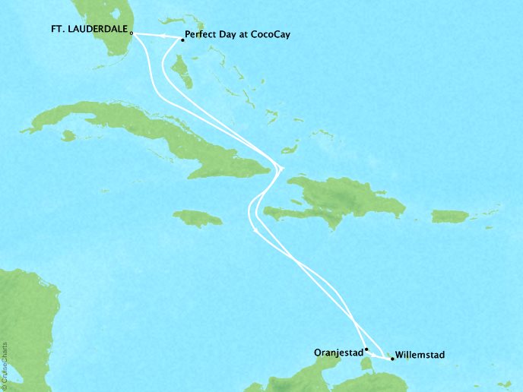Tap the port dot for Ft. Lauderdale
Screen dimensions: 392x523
[x=132, y=33]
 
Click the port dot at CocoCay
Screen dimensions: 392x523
[x=182, y=40]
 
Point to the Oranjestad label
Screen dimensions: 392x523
[x=338, y=352]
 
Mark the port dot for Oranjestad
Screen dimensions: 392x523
[x=366, y=349]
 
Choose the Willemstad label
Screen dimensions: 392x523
[x=420, y=355]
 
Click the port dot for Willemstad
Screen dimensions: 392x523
[x=391, y=358]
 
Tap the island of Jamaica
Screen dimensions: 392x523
[x=198, y=218]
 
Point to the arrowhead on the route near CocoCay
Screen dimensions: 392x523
[x=163, y=35]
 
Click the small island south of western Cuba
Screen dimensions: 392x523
[x=68, y=136]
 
